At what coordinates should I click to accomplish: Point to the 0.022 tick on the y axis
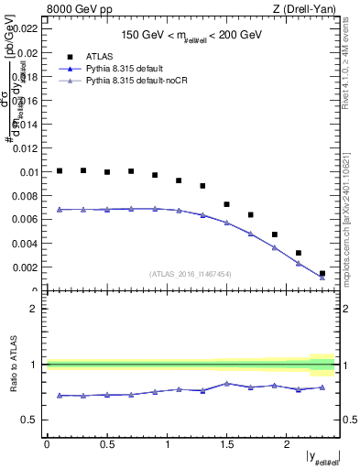[26, 29]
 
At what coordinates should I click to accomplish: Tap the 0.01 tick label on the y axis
[27, 172]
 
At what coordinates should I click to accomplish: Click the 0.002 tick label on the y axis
[26, 267]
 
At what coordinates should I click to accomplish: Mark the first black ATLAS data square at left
[60, 170]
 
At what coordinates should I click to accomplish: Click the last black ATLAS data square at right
[322, 273]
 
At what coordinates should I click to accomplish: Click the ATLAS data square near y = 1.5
[227, 204]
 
